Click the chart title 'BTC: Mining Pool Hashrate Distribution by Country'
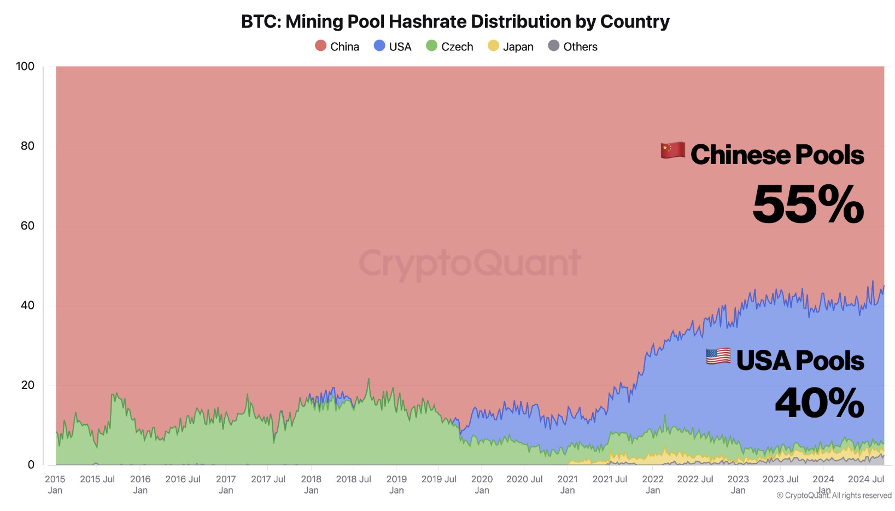click(455, 21)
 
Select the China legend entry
click(337, 46)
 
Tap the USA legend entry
click(393, 46)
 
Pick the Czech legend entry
click(449, 46)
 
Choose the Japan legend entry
click(511, 46)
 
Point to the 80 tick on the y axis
click(27, 146)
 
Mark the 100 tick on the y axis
click(25, 66)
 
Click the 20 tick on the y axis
click(27, 385)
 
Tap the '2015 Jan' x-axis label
click(55, 484)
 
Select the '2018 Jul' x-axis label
click(353, 479)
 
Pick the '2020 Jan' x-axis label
click(482, 484)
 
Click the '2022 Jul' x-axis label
click(695, 479)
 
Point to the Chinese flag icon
click(672, 150)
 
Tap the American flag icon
click(718, 356)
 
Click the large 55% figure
click(808, 205)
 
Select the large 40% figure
click(819, 403)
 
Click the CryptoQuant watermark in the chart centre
click(469, 263)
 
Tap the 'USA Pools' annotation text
click(800, 361)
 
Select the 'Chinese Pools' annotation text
click(777, 155)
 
